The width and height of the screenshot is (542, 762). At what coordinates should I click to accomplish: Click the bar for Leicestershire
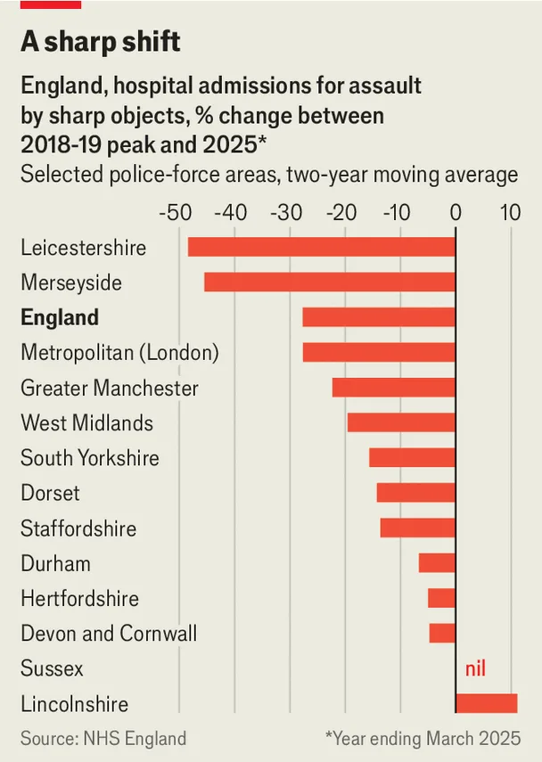click(322, 247)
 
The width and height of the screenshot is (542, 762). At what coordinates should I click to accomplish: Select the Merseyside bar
click(330, 282)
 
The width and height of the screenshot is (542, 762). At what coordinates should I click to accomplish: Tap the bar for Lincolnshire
click(487, 703)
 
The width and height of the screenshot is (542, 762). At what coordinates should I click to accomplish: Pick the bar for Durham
click(437, 562)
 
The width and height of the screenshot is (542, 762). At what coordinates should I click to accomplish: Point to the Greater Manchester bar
click(394, 388)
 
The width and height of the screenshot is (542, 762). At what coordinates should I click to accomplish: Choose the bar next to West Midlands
click(401, 422)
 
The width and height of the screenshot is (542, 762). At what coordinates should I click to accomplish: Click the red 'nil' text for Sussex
click(475, 668)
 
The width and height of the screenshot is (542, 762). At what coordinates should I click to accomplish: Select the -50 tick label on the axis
click(176, 213)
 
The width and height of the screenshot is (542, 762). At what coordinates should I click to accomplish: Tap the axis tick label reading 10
click(511, 213)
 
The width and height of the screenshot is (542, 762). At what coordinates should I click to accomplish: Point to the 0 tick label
click(456, 213)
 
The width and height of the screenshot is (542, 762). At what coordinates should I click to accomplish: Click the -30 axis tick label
click(286, 213)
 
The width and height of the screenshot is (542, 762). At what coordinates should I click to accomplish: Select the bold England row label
click(60, 317)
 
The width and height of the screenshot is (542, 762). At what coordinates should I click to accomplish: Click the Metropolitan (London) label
click(119, 352)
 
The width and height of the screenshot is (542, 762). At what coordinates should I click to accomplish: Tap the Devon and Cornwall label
click(109, 634)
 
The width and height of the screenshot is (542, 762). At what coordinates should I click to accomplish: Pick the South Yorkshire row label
click(90, 458)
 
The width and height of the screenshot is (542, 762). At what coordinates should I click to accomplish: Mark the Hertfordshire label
click(79, 598)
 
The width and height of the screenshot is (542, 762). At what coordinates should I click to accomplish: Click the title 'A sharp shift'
click(101, 41)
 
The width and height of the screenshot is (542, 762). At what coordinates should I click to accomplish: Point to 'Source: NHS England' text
click(103, 738)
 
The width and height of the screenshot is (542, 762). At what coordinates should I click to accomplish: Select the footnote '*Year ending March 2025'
click(423, 738)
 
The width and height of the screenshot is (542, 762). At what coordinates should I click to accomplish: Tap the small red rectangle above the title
click(51, 4)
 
